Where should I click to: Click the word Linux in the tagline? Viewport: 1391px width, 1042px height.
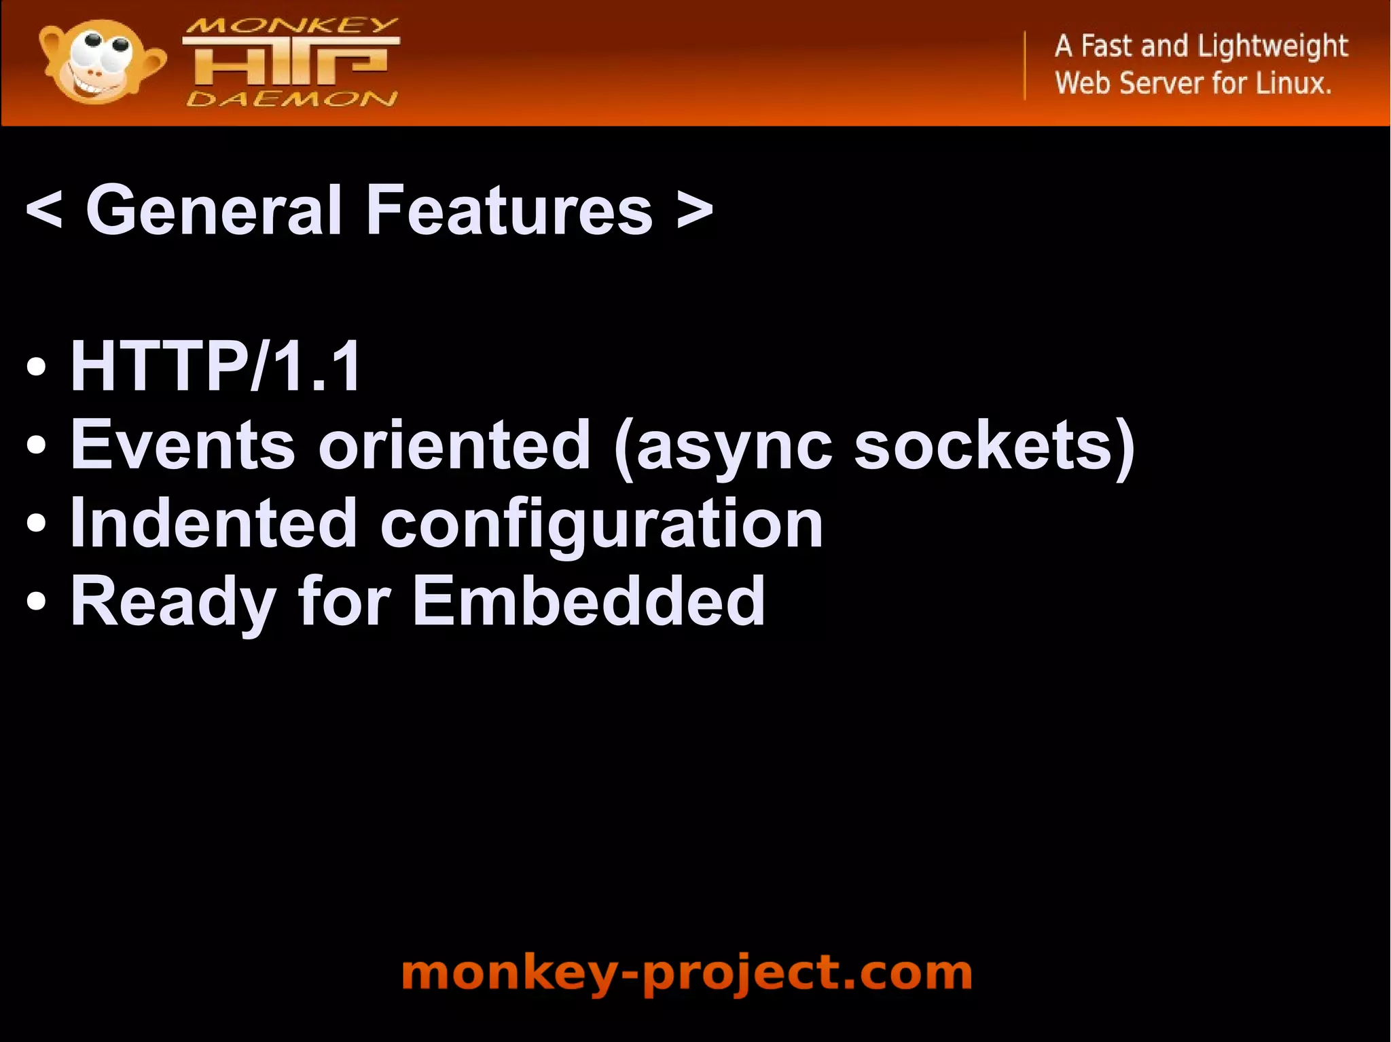1293,83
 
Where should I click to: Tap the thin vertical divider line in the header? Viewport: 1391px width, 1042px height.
1025,65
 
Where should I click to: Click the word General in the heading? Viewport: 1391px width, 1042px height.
213,211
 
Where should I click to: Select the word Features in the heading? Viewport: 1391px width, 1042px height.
509,211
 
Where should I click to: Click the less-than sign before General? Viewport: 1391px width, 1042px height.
44,211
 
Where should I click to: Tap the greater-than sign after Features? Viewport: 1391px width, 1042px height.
695,211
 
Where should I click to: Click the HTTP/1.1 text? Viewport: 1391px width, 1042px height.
216,367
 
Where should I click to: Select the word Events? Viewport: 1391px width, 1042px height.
183,445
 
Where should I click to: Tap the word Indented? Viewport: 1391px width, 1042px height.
213,523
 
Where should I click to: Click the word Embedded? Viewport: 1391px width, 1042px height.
589,601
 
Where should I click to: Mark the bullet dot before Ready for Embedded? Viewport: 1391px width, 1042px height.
37,602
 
